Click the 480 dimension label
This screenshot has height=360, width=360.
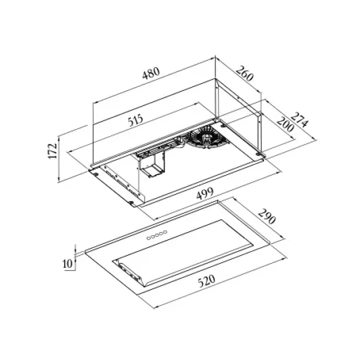point(151,73)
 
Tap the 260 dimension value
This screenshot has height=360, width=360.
point(244,73)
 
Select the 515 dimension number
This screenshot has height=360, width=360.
point(135,119)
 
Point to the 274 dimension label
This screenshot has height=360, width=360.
point(299,120)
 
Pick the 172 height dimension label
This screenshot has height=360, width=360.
point(52,150)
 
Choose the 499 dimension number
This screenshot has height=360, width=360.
point(205,193)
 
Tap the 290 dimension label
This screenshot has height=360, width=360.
point(267,216)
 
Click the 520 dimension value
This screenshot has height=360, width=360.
point(207,280)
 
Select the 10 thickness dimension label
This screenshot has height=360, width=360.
point(67,263)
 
